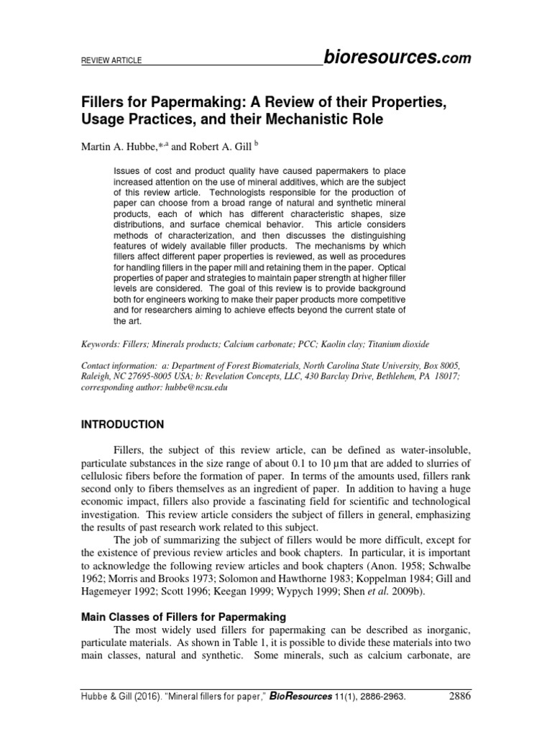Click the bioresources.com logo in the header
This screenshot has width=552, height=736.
point(397,58)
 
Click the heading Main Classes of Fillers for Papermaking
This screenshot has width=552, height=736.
point(183,617)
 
